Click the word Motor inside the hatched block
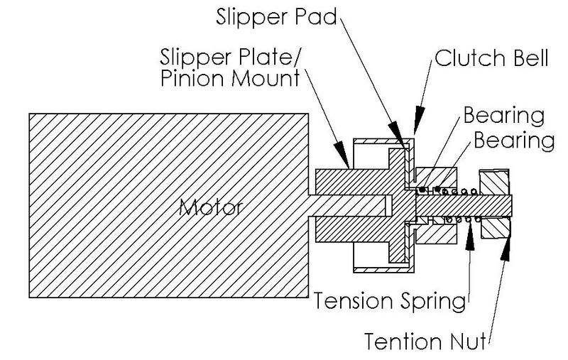pyautogui.click(x=210, y=208)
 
